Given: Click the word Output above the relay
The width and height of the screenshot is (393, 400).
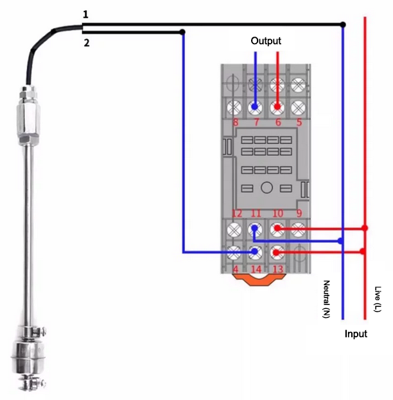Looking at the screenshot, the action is pos(266,41).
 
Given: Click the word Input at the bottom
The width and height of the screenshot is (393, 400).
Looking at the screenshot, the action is pos(356,334).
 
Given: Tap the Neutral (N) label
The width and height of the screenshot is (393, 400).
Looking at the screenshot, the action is pos(327,299).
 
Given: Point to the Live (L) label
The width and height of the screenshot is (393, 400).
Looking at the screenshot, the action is pos(378,299).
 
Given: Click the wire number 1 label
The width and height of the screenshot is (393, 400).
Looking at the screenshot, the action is pos(85,15).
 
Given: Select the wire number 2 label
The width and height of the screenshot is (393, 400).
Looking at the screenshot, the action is pos(87,43).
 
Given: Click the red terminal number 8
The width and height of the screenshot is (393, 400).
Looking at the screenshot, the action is pos(236,122).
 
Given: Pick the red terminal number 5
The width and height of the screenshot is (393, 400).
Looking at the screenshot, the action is pos(299,122).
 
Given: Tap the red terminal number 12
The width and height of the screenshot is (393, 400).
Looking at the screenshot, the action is pos(236,213).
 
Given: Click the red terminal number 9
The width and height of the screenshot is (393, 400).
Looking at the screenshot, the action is pos(299,213).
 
